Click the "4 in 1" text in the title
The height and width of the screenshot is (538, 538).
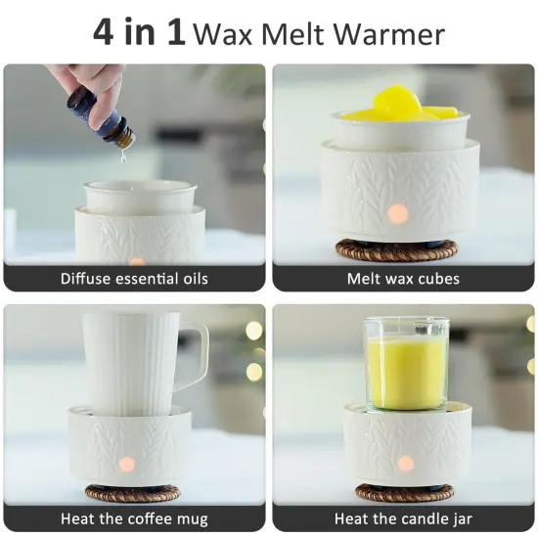coord(139,32)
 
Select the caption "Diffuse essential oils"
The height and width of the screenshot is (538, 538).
coord(134,278)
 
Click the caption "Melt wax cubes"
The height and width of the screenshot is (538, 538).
coord(403,278)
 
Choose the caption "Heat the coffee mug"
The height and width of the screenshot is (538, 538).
coord(134,518)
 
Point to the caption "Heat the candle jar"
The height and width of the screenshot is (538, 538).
coord(403,518)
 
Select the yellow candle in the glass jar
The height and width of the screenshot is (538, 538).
coord(406,373)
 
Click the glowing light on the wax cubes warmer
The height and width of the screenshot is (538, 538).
coord(398,213)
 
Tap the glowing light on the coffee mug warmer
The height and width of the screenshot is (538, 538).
coord(126,464)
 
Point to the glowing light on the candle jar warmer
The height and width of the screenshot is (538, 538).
coord(405,463)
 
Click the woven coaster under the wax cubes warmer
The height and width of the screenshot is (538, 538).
coord(402,250)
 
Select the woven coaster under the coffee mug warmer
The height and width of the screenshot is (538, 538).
coord(134,493)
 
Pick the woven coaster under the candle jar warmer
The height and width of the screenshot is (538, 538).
coord(404,492)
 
